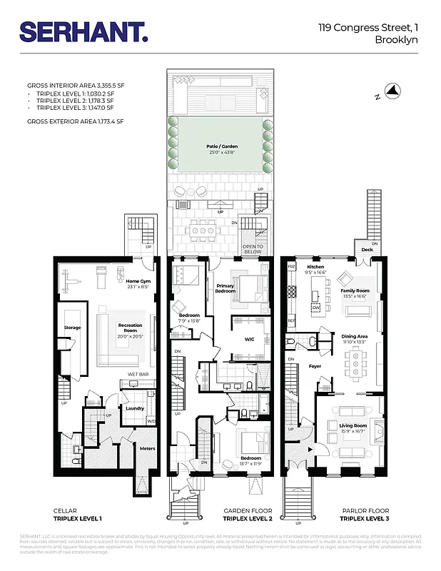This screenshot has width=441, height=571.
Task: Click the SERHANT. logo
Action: tap(83, 32)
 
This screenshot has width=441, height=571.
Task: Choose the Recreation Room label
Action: tap(130, 328)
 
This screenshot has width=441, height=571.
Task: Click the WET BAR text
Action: tap(138, 374)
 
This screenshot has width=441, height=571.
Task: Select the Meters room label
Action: tap(147, 448)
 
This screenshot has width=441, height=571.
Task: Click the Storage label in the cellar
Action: tap(72, 328)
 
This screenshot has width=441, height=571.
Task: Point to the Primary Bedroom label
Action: tap(225, 288)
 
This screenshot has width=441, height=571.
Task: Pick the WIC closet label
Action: tap(250, 339)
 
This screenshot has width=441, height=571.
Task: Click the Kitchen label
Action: tap(315, 268)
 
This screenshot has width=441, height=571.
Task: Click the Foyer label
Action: tap(315, 366)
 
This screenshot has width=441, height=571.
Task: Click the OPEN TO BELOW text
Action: tap(253, 249)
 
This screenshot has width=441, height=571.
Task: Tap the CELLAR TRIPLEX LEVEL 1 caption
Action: tap(77, 515)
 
